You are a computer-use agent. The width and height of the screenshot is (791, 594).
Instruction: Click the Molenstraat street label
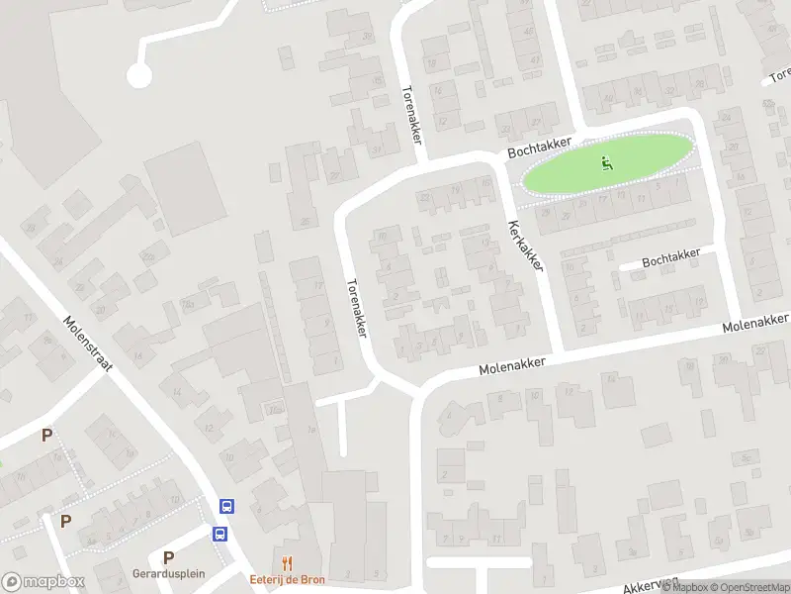pyautogui.click(x=88, y=346)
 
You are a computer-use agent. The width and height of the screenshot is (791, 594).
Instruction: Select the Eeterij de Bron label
pyautogui.click(x=286, y=579)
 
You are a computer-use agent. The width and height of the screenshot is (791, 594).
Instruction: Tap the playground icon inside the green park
pyautogui.click(x=608, y=162)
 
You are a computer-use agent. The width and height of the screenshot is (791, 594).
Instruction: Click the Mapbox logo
pyautogui.click(x=43, y=582)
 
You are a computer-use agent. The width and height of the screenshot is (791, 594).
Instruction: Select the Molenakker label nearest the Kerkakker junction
pyautogui.click(x=512, y=366)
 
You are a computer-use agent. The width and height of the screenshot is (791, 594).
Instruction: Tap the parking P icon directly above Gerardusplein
pyautogui.click(x=168, y=557)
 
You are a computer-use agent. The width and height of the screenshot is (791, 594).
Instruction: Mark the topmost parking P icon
pyautogui.click(x=46, y=435)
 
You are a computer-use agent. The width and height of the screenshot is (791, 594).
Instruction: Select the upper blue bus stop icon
pyautogui.click(x=227, y=507)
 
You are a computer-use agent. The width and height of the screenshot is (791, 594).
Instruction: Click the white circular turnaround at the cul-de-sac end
pyautogui.click(x=139, y=74)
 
